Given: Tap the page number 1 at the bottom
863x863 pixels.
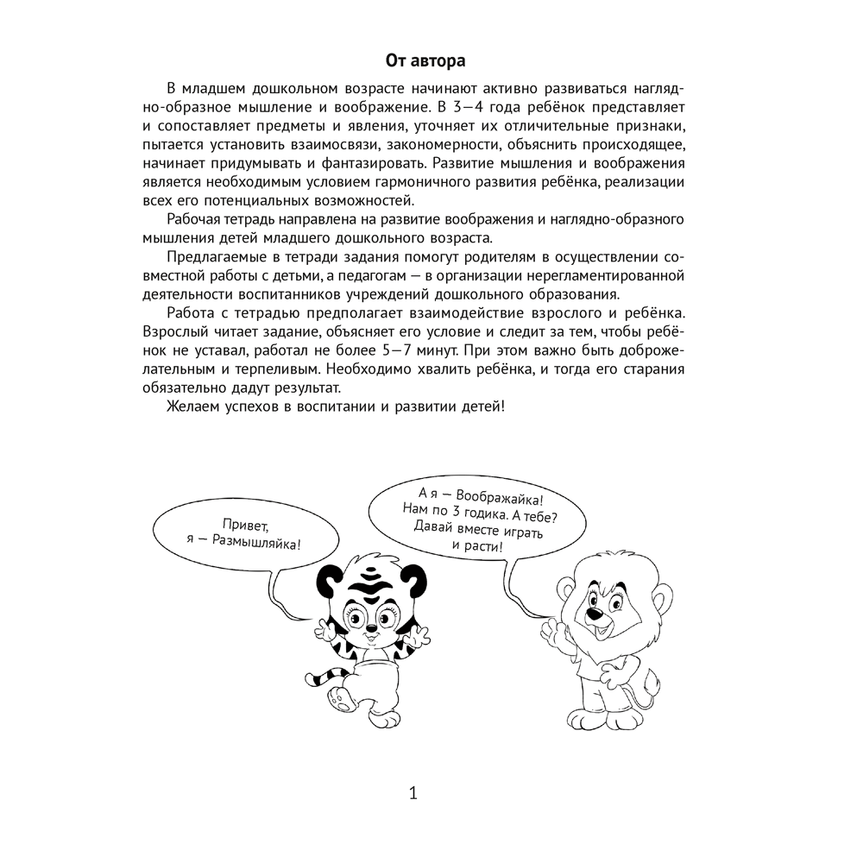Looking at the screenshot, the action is coord(413,793).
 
